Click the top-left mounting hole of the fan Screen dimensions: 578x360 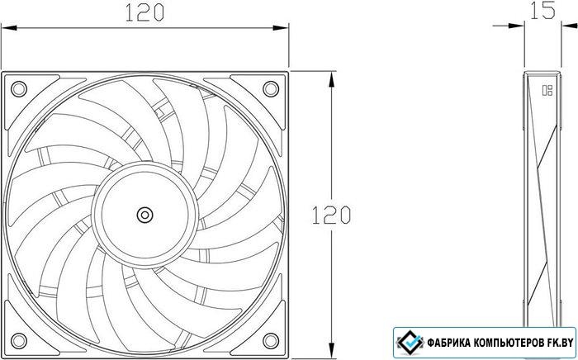coord(18,89)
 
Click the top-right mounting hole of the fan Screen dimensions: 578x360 coord(271,89)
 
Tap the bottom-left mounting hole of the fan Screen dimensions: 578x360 coord(18,340)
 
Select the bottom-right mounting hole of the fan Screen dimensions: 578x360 coord(271,340)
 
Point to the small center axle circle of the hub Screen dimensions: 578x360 coord(144,215)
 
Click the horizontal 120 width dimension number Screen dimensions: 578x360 coord(144,12)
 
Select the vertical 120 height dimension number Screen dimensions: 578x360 coord(331,216)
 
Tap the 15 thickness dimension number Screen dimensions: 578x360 coord(542,10)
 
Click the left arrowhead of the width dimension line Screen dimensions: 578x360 coord(9,27)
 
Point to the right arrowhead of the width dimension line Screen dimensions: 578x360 coord(281,27)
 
